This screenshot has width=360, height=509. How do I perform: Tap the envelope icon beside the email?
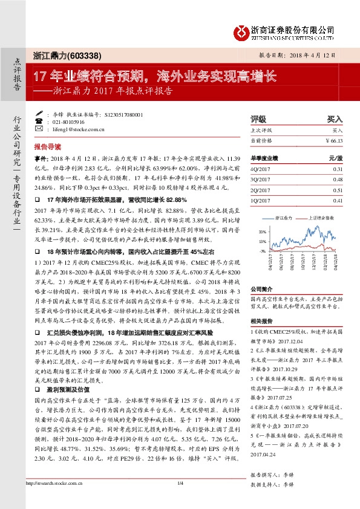point(39,129)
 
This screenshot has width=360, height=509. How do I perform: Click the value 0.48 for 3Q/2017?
point(338,180)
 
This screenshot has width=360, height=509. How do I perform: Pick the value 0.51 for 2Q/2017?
point(338,190)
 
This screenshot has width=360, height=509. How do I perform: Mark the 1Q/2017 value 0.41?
point(338,200)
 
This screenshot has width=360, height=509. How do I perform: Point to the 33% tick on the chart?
point(261,231)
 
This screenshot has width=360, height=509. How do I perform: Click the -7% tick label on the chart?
point(261,250)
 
